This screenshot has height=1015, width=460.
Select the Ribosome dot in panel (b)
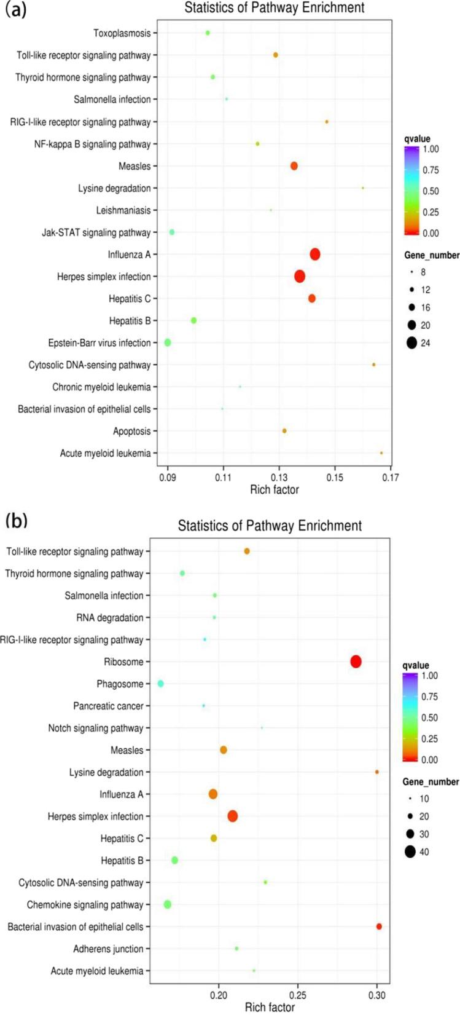356,662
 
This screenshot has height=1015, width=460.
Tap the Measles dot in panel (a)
294,166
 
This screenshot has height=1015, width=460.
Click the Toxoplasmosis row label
122,33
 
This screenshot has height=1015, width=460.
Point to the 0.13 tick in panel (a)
279,477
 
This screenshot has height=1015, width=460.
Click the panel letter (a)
15,10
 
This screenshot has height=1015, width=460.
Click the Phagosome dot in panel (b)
160,684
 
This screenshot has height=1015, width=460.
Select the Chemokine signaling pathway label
85,905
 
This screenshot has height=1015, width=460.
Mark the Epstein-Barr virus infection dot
168,342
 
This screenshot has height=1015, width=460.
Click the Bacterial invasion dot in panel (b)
379,926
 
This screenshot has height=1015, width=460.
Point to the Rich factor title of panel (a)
275,490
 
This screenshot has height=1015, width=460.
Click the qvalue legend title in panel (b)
416,665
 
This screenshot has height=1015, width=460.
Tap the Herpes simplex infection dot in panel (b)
232,816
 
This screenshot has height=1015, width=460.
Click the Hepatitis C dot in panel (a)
312,298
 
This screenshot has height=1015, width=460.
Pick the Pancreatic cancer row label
108,706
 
